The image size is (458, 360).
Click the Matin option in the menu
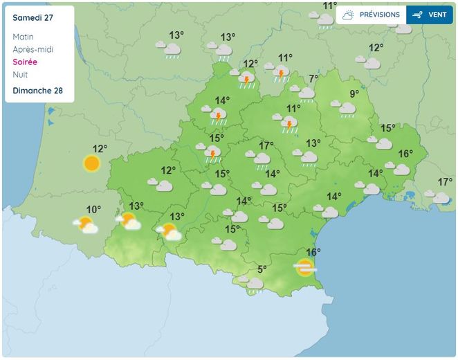[23, 37]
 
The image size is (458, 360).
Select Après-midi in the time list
[33, 49]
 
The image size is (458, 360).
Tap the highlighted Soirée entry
[25, 62]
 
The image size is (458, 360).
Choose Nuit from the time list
[20, 74]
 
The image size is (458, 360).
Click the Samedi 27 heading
[33, 15]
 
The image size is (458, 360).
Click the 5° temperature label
[262, 269]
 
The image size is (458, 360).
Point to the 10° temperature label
[93, 209]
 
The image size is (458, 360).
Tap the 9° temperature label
[354, 93]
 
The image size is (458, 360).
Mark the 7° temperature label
[313, 78]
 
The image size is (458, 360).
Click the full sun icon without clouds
[91, 163]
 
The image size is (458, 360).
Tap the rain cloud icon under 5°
[255, 283]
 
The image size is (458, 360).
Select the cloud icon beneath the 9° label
[347, 108]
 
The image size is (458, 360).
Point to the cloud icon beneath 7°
[306, 92]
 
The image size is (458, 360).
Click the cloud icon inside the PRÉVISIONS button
[348, 15]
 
